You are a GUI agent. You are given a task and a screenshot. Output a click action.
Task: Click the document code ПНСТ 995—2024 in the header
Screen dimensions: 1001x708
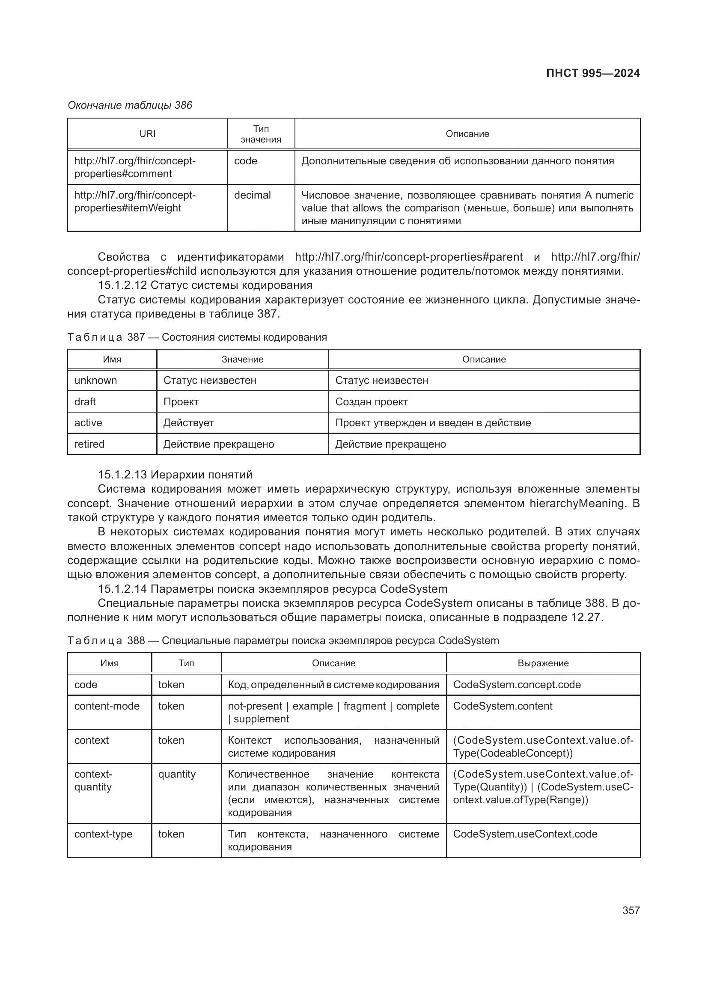(592, 73)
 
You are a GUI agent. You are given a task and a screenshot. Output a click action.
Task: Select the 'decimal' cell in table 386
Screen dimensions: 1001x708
(253, 195)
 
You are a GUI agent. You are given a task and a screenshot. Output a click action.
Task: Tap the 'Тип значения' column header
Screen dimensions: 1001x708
(261, 134)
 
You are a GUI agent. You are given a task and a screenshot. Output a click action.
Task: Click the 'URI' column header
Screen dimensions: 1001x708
(147, 134)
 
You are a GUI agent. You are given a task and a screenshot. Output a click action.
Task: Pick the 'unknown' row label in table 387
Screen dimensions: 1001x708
(95, 380)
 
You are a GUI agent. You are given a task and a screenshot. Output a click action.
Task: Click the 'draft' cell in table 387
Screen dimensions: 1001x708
(85, 401)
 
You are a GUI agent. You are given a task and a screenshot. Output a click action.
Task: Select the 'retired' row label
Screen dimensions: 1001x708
(89, 444)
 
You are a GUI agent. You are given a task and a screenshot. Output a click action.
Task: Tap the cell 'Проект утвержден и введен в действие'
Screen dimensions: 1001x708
(432, 422)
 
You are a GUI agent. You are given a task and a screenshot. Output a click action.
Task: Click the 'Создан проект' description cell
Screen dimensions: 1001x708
(371, 401)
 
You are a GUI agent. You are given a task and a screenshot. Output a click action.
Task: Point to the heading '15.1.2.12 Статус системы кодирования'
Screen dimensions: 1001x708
(205, 285)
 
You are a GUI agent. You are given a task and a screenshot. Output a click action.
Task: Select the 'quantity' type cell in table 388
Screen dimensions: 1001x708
(177, 774)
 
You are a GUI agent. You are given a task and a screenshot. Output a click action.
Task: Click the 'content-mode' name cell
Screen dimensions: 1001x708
(107, 706)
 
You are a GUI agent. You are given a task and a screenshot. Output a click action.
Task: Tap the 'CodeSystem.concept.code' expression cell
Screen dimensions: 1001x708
(517, 684)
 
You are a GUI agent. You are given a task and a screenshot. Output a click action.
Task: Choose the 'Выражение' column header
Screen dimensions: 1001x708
(543, 663)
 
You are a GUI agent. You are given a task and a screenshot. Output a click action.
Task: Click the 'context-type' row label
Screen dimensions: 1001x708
(103, 834)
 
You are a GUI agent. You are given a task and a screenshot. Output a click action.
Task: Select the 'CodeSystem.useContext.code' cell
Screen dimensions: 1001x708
(525, 834)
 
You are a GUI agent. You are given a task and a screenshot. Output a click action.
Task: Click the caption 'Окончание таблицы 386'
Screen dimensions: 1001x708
(130, 105)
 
